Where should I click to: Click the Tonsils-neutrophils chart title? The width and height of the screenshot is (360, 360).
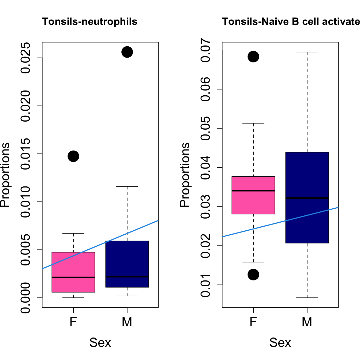90,21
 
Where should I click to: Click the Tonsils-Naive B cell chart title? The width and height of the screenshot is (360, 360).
291,21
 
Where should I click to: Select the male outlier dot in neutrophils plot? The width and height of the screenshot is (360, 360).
127,52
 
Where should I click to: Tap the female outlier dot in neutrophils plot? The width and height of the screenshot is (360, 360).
73,156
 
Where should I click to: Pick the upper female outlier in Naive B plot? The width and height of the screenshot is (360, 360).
253,57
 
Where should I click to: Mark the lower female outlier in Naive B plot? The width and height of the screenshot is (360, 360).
253,275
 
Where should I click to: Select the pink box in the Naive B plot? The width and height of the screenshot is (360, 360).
253,201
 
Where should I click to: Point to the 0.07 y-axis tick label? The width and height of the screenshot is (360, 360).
206,50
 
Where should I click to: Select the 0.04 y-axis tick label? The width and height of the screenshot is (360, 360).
206,167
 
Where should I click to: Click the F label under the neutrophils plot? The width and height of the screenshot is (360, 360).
73,322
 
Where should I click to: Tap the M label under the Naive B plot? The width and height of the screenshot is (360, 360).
307,322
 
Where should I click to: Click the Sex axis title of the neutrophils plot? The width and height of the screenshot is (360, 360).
100,343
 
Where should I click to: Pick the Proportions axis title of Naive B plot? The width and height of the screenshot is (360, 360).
185,175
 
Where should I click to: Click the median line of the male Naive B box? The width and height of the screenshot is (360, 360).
307,198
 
